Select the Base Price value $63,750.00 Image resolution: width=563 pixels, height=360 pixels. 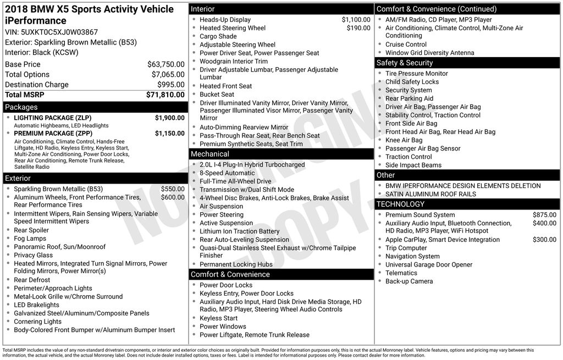pos(165,64)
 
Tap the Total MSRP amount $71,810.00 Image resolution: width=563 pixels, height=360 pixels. pos(165,95)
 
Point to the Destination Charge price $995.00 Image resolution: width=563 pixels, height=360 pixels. pos(170,85)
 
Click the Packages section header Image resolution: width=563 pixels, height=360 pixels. pos(21,107)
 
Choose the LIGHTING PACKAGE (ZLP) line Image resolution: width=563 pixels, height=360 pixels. pos(53,118)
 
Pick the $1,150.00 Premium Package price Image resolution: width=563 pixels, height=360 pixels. pos(169,133)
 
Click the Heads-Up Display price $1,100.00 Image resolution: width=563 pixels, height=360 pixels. pos(356,20)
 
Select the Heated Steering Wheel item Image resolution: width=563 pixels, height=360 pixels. pos(233,28)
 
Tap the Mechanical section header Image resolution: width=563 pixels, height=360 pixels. pos(210,154)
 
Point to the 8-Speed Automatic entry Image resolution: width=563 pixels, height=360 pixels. pos(227,173)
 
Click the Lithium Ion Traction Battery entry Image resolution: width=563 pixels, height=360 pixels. pos(239,231)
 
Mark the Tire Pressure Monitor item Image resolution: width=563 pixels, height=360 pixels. pos(416,74)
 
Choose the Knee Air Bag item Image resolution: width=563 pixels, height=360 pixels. pos(404,140)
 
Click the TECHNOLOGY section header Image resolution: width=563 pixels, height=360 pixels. pos(400,204)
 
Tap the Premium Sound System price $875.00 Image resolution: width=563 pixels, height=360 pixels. pos(544,215)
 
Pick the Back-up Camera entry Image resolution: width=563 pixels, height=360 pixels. pos(409,281)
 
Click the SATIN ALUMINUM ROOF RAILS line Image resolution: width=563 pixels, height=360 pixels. pos(430,194)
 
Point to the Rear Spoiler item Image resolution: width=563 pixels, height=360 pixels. pos(31,230)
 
